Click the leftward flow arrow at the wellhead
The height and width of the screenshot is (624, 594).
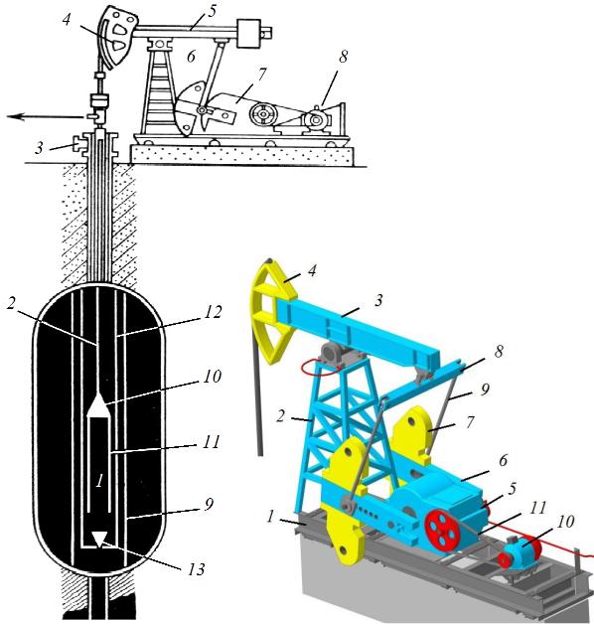click(46, 116)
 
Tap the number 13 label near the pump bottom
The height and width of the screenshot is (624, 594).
click(196, 569)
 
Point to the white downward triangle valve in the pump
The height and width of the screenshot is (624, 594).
click(98, 541)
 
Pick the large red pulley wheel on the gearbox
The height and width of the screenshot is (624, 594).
click(442, 528)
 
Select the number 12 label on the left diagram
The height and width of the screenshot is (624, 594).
click(213, 312)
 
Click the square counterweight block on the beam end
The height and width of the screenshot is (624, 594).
click(248, 33)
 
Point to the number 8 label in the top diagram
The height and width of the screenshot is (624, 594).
click(343, 57)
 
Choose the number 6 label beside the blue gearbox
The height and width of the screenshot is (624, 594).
click(503, 460)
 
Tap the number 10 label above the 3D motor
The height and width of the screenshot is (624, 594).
click(565, 522)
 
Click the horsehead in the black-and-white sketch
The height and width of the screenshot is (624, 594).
click(116, 38)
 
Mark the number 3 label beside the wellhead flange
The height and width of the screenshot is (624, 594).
click(38, 148)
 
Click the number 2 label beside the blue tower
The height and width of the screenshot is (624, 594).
click(280, 416)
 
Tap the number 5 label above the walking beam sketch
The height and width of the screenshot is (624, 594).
click(212, 11)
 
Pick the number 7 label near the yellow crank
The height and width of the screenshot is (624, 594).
click(470, 422)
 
